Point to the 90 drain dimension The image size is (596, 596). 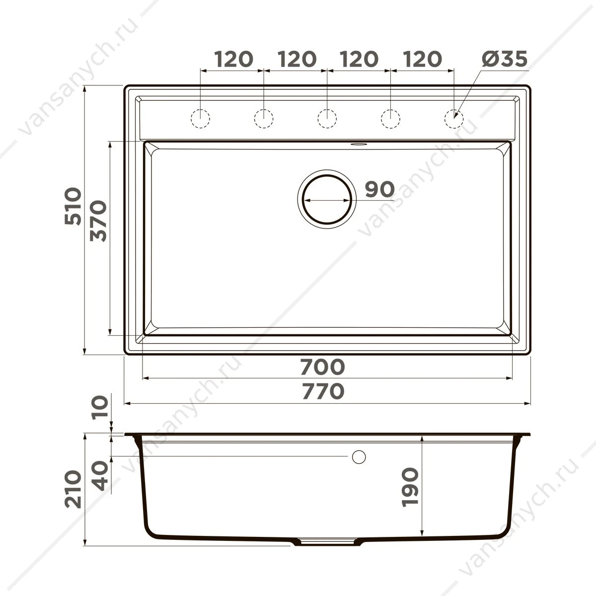tap(380, 189)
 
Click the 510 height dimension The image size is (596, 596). tap(73, 206)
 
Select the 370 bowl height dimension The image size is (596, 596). tap(98, 221)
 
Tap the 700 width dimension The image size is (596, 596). tap(323, 367)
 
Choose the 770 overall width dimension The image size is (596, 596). tap(323, 391)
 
